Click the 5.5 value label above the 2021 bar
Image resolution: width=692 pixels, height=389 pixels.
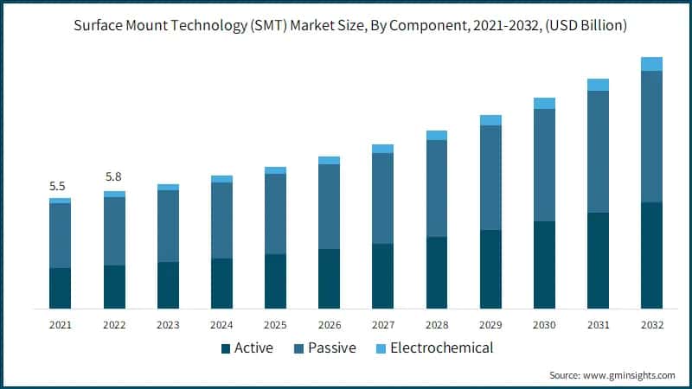57,186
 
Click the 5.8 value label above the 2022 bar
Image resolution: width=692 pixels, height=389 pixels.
114,176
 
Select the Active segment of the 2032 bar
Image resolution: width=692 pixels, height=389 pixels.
651,255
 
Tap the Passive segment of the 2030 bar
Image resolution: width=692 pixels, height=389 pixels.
544,165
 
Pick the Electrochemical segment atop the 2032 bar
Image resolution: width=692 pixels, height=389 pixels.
651,64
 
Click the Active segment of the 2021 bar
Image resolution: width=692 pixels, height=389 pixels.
60,288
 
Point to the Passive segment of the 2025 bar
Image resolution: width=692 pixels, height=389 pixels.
275,214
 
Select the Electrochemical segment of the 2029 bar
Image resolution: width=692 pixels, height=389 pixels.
490,120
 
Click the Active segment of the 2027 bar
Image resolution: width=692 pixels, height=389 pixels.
382,276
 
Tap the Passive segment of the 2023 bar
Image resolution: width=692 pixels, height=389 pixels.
168,226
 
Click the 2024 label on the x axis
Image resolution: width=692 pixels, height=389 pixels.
221,325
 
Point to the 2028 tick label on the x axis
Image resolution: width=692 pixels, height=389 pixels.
437,325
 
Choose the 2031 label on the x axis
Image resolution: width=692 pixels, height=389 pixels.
598,325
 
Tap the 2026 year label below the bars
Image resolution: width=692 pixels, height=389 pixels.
329,325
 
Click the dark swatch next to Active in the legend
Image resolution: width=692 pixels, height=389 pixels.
226,348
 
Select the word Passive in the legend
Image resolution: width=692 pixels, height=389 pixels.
332,348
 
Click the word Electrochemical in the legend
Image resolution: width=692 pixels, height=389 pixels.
441,348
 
